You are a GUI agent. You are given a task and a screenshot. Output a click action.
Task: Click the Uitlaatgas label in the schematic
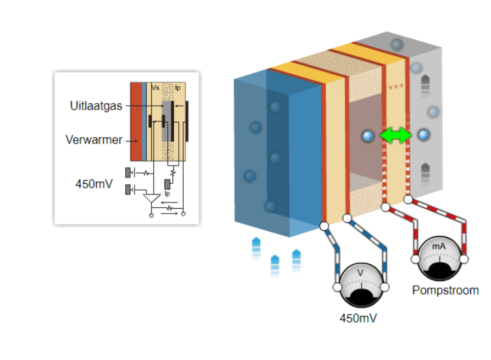coord(96,106)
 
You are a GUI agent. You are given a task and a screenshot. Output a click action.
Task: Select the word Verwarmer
coord(94,139)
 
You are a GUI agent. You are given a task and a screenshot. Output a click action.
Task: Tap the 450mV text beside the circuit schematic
coord(94,184)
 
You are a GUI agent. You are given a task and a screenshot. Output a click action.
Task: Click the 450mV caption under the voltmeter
coord(358,318)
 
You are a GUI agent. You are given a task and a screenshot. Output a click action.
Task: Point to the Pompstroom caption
coord(445,290)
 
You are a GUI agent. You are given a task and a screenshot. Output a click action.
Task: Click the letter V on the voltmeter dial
coord(360,273)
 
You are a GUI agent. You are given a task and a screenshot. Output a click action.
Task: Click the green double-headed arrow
coord(396,136)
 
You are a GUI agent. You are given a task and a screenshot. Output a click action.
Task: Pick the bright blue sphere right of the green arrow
coord(423,136)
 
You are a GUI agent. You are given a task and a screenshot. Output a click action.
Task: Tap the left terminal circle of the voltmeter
coord(337,287)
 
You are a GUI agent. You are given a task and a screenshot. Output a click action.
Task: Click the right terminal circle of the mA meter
coord(464,259)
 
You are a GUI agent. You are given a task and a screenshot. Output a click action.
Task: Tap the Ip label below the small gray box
coord(167,194)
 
